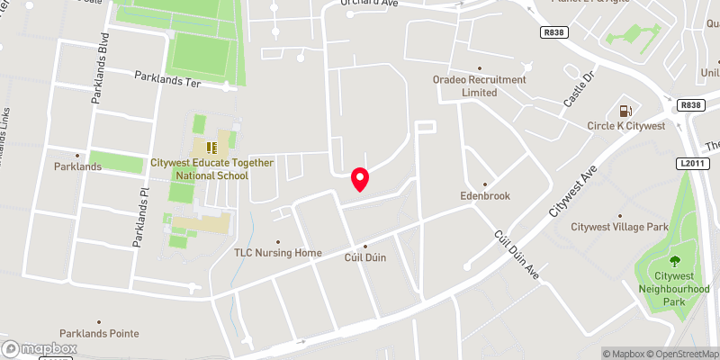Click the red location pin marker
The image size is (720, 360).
(x=360, y=178)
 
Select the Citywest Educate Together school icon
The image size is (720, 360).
(x=211, y=148)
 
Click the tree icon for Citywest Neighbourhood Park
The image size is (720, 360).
(x=674, y=261)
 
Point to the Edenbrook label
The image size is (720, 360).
(x=485, y=194)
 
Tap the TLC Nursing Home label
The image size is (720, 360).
(x=277, y=253)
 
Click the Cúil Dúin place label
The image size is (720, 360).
(x=364, y=257)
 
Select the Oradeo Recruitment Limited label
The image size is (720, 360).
(x=479, y=85)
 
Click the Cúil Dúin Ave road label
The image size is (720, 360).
(x=514, y=255)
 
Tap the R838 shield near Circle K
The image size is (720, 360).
(x=690, y=105)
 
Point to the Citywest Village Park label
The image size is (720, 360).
(x=619, y=227)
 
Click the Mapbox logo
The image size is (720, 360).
(x=40, y=348)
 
